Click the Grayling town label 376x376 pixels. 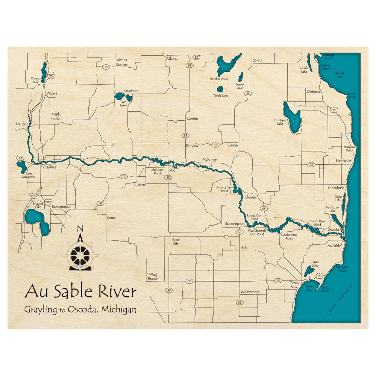point(49,167)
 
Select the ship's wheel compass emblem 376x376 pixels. point(80,255)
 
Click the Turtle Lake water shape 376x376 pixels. point(220,90)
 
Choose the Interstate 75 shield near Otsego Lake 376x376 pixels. point(51,76)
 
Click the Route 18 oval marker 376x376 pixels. point(100,203)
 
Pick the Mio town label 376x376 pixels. point(173,170)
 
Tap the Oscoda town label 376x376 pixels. point(334,229)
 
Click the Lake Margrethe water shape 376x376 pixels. point(20,165)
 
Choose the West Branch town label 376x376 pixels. point(153,276)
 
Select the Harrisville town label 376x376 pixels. point(344,161)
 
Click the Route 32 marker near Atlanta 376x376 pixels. point(196,57)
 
